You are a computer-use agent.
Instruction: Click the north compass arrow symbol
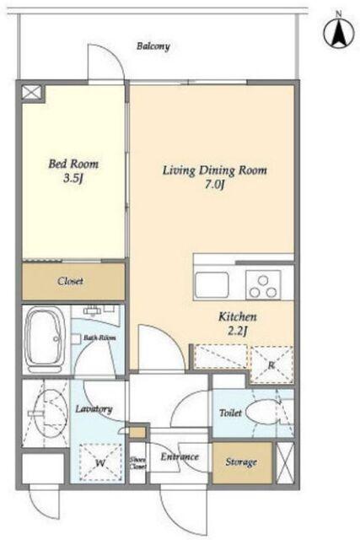[339, 33]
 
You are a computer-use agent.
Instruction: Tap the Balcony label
[153, 46]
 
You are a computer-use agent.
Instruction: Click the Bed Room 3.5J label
[73, 170]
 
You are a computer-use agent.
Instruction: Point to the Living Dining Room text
[215, 170]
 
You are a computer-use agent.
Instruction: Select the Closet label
[70, 281]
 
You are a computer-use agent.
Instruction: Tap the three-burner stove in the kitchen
[263, 285]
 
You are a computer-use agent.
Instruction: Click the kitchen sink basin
[212, 285]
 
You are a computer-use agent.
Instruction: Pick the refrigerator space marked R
[271, 365]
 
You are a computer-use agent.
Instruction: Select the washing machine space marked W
[100, 462]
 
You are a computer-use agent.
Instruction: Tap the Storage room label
[241, 462]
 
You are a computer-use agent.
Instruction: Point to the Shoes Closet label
[138, 463]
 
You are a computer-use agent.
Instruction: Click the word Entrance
[180, 456]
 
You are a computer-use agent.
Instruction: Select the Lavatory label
[94, 409]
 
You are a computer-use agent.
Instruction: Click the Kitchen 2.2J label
[238, 324]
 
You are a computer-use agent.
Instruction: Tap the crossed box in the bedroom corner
[32, 92]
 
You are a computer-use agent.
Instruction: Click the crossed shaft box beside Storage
[286, 463]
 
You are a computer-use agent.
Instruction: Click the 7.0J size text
[215, 185]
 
